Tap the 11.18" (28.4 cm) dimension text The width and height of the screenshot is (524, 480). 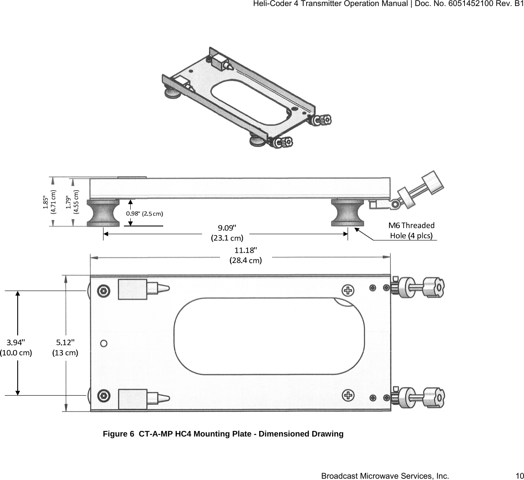[x=245, y=255]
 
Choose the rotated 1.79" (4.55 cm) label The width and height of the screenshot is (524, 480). [x=72, y=202]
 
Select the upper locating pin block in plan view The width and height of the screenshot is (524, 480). [x=133, y=289]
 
